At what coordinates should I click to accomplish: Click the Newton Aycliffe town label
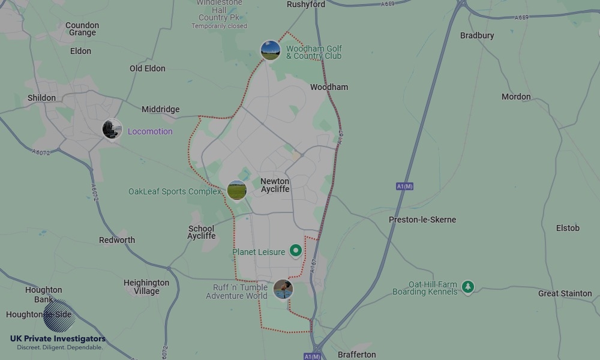pos(275,185)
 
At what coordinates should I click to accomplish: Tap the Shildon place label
pos(41,98)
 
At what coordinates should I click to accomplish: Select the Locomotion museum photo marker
pos(112,129)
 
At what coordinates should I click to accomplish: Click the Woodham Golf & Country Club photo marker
pos(271,50)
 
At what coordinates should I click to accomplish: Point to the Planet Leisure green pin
pos(295,251)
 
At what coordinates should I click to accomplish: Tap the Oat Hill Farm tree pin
pos(468,287)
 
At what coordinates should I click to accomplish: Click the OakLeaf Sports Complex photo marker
pos(237,191)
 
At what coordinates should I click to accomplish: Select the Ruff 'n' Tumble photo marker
pos(283,290)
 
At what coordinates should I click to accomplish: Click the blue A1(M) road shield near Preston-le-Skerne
pos(405,187)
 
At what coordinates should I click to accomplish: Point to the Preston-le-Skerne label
pos(422,220)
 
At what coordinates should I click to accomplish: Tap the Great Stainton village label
pos(565,293)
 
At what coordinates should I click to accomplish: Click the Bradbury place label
pos(477,35)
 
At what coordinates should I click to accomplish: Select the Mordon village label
pos(516,97)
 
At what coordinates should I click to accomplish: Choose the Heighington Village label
pos(146,287)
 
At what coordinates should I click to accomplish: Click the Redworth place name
pos(117,240)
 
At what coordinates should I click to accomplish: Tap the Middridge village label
pos(160,109)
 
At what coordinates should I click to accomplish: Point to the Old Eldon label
pos(147,68)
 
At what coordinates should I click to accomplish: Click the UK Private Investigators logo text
pos(58,339)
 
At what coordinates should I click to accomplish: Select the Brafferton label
pos(356,355)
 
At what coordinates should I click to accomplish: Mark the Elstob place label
pos(568,228)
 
